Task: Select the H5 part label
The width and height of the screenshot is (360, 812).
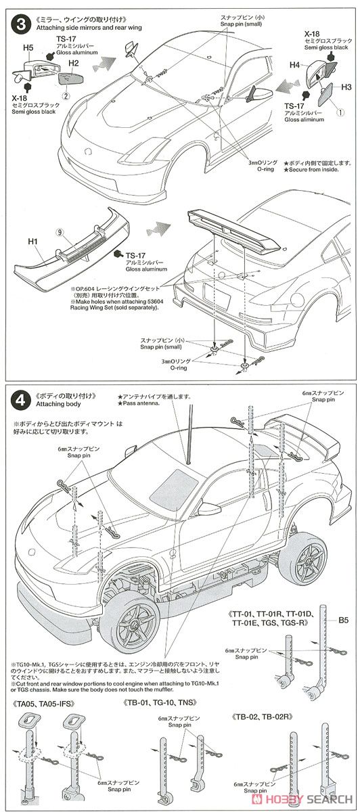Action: [x=28, y=48]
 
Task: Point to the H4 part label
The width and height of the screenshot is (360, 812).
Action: [x=294, y=65]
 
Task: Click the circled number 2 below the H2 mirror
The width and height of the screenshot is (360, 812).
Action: [x=67, y=95]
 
